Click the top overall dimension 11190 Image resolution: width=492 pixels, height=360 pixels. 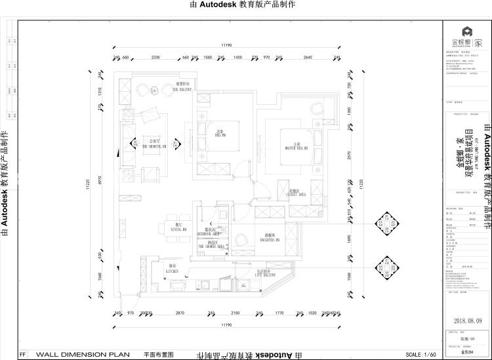tap(227, 45)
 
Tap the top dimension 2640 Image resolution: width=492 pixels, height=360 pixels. tap(308, 57)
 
